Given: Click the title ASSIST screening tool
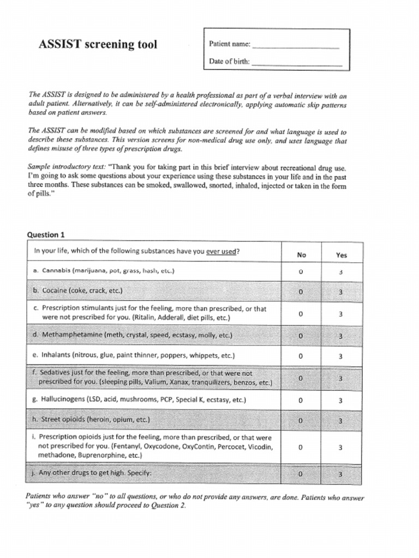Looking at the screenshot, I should pyautogui.click(x=98, y=45).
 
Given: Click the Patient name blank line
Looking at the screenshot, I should pyautogui.click(x=296, y=47).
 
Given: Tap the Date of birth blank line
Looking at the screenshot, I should pyautogui.click(x=297, y=64).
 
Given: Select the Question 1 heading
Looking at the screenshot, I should pyautogui.click(x=46, y=235).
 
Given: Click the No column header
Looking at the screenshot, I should pyautogui.click(x=301, y=254).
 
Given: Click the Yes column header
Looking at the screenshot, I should pyautogui.click(x=341, y=254).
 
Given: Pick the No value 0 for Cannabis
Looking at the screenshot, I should pyautogui.click(x=301, y=271).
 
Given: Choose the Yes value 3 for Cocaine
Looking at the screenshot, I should pyautogui.click(x=340, y=292).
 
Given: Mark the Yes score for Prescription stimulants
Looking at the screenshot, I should pyautogui.click(x=340, y=314).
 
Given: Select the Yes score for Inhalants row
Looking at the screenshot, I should pyautogui.click(x=340, y=356).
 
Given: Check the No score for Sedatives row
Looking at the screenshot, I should pyautogui.click(x=301, y=378).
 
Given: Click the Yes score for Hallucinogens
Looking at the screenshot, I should pyautogui.click(x=340, y=401).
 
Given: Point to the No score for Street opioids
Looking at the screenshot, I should pyautogui.click(x=301, y=421).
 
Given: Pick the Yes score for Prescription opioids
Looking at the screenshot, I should pyautogui.click(x=340, y=447).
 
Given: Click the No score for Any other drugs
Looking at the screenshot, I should pyautogui.click(x=301, y=474).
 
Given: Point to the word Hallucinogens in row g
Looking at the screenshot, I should pyautogui.click(x=63, y=399).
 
